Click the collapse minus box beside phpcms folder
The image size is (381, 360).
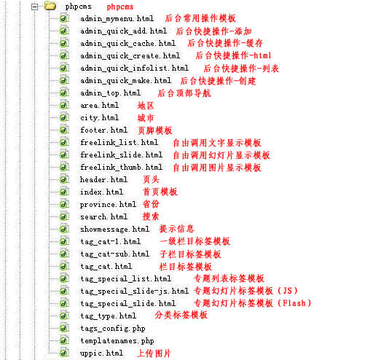click(35, 7)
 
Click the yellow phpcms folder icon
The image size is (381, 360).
click(50, 6)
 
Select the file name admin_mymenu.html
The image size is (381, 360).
click(117, 19)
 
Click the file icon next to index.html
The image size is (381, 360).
click(64, 192)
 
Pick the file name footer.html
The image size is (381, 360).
click(103, 130)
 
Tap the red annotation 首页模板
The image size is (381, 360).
click(160, 192)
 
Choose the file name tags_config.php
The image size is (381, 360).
click(113, 329)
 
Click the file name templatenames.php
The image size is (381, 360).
click(117, 341)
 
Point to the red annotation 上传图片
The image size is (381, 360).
click(154, 353)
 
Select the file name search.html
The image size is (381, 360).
click(103, 216)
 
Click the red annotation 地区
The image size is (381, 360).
click(146, 106)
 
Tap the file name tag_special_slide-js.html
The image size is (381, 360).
click(134, 291)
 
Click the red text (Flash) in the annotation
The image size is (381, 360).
click(294, 303)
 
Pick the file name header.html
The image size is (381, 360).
click(103, 179)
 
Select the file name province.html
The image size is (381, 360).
click(108, 205)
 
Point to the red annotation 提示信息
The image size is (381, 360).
click(176, 229)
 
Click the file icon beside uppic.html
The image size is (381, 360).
click(64, 353)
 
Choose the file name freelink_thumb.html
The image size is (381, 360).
click(121, 167)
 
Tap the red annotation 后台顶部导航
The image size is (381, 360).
click(184, 93)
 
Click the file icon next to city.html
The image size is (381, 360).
click(64, 117)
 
